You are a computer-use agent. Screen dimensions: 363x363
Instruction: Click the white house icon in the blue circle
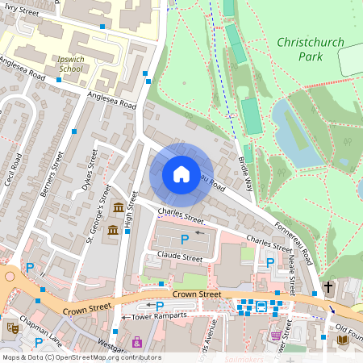[181, 174]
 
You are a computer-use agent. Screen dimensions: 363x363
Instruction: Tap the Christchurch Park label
[310, 49]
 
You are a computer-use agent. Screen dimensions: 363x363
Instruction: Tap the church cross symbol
[328, 286]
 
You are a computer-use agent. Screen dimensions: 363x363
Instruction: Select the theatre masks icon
[13, 328]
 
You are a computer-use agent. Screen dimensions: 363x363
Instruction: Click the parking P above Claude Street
[185, 239]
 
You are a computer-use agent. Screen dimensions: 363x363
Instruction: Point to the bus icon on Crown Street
[261, 306]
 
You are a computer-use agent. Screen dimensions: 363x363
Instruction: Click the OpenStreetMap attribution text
[81, 357]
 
